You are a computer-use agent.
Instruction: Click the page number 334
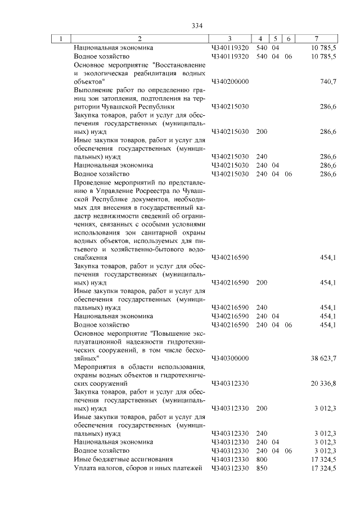(196, 26)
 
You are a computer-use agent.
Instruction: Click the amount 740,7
(327, 82)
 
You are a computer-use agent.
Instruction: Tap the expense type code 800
(262, 460)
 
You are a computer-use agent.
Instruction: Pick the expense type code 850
(262, 468)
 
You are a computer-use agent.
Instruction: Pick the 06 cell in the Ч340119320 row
(289, 57)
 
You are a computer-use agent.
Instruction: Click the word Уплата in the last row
(84, 468)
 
